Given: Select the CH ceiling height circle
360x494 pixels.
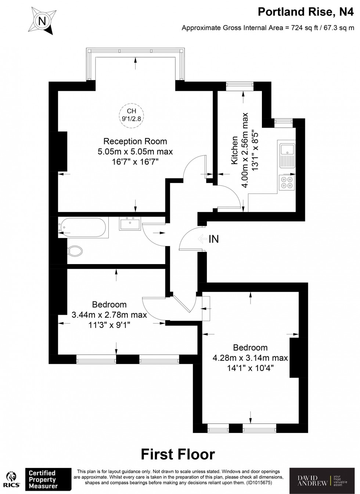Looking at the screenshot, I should (x=132, y=115).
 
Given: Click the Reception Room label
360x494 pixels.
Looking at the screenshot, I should (x=135, y=141).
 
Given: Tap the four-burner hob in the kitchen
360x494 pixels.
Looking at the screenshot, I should (x=287, y=183).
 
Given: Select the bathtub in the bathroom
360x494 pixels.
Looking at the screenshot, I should (x=83, y=227).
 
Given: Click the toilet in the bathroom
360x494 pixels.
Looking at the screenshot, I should (x=75, y=251).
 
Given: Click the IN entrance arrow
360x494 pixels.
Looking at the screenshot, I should (x=202, y=239).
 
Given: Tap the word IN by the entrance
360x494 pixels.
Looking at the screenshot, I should (x=214, y=239).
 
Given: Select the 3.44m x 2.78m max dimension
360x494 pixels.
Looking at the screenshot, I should (x=109, y=315).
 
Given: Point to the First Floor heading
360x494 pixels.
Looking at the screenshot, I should (x=178, y=454).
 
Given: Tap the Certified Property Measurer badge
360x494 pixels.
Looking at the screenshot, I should (x=48, y=479).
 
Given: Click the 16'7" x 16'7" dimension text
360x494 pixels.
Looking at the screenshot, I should (x=135, y=162).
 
